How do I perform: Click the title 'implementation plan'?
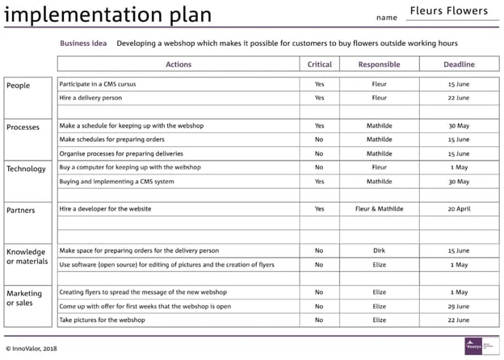click(x=108, y=15)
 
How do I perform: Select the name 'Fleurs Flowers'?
click(x=448, y=11)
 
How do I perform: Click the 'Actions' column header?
click(x=178, y=65)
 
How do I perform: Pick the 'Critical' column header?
click(x=319, y=65)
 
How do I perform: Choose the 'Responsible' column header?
click(x=379, y=65)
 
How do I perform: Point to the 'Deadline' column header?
click(x=458, y=65)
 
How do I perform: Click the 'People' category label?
click(x=18, y=86)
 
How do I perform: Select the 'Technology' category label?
click(x=26, y=169)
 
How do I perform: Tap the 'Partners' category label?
click(x=21, y=211)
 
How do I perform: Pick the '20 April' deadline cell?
click(x=458, y=209)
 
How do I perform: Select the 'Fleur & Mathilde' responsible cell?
click(x=379, y=209)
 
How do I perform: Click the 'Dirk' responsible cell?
click(x=379, y=250)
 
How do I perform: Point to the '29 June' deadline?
click(x=458, y=306)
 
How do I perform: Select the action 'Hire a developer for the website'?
click(x=105, y=209)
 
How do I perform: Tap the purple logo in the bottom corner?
click(x=472, y=345)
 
